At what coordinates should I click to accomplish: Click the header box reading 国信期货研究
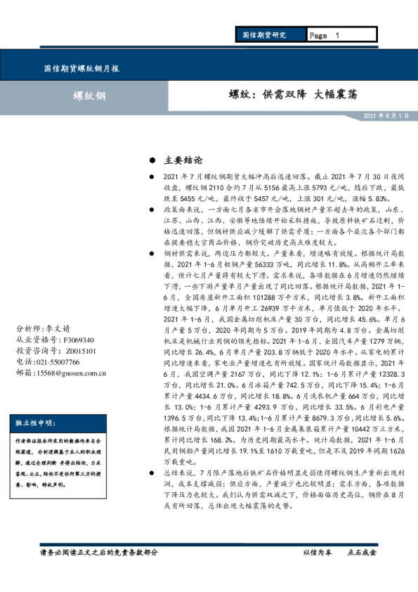point(264,34)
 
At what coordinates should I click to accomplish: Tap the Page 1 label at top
point(324,34)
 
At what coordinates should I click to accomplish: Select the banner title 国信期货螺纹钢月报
point(81,69)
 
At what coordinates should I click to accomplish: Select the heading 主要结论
point(182,160)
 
